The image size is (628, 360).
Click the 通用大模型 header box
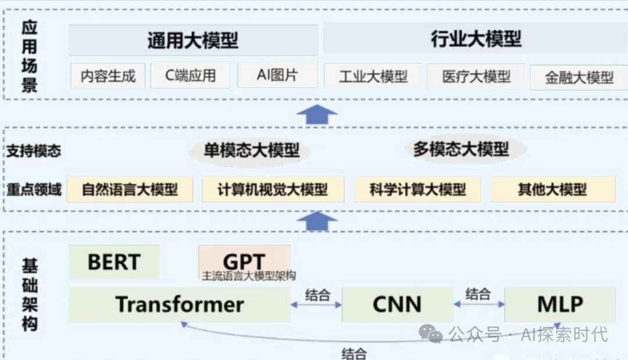(192, 40)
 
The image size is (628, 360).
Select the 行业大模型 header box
(476, 39)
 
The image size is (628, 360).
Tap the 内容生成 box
(108, 76)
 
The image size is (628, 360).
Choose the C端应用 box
(190, 75)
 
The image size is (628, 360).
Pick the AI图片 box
(277, 75)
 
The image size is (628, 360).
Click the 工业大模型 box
(373, 76)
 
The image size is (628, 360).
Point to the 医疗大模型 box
(476, 76)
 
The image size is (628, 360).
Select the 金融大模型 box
(579, 77)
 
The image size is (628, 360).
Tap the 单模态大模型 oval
(251, 151)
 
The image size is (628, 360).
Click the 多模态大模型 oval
(461, 149)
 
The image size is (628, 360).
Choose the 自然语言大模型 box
(130, 190)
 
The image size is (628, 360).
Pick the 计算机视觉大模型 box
(273, 190)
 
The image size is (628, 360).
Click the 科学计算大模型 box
(418, 190)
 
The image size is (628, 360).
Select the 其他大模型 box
(552, 190)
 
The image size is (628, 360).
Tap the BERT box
(114, 262)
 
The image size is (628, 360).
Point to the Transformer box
(179, 304)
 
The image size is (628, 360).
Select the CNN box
(397, 304)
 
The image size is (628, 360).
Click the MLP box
(559, 304)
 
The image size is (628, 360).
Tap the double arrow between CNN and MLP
(479, 304)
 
